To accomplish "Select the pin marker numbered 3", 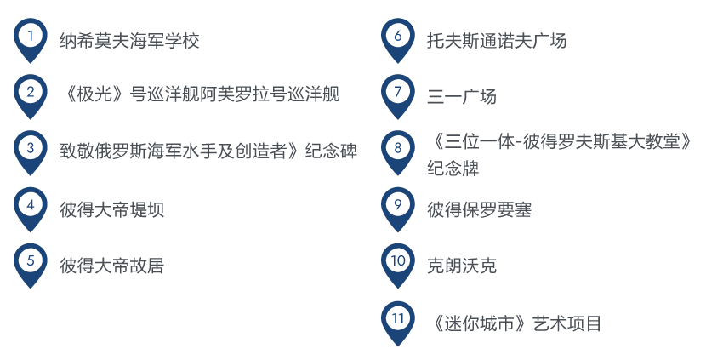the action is (x=31, y=148).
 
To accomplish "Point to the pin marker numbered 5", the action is (x=31, y=261).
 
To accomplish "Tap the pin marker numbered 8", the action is (x=397, y=148).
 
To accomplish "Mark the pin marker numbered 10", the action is (x=397, y=261).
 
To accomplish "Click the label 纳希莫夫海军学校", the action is (x=129, y=40).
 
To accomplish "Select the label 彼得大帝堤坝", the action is (x=111, y=209).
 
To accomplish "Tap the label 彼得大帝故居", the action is (x=111, y=266).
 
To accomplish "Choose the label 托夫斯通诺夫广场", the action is (x=497, y=40).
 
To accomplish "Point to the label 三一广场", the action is (x=462, y=96).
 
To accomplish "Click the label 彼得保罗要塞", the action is (x=479, y=209).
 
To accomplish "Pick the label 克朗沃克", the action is (x=462, y=266).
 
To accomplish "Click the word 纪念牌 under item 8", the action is (x=453, y=169).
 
